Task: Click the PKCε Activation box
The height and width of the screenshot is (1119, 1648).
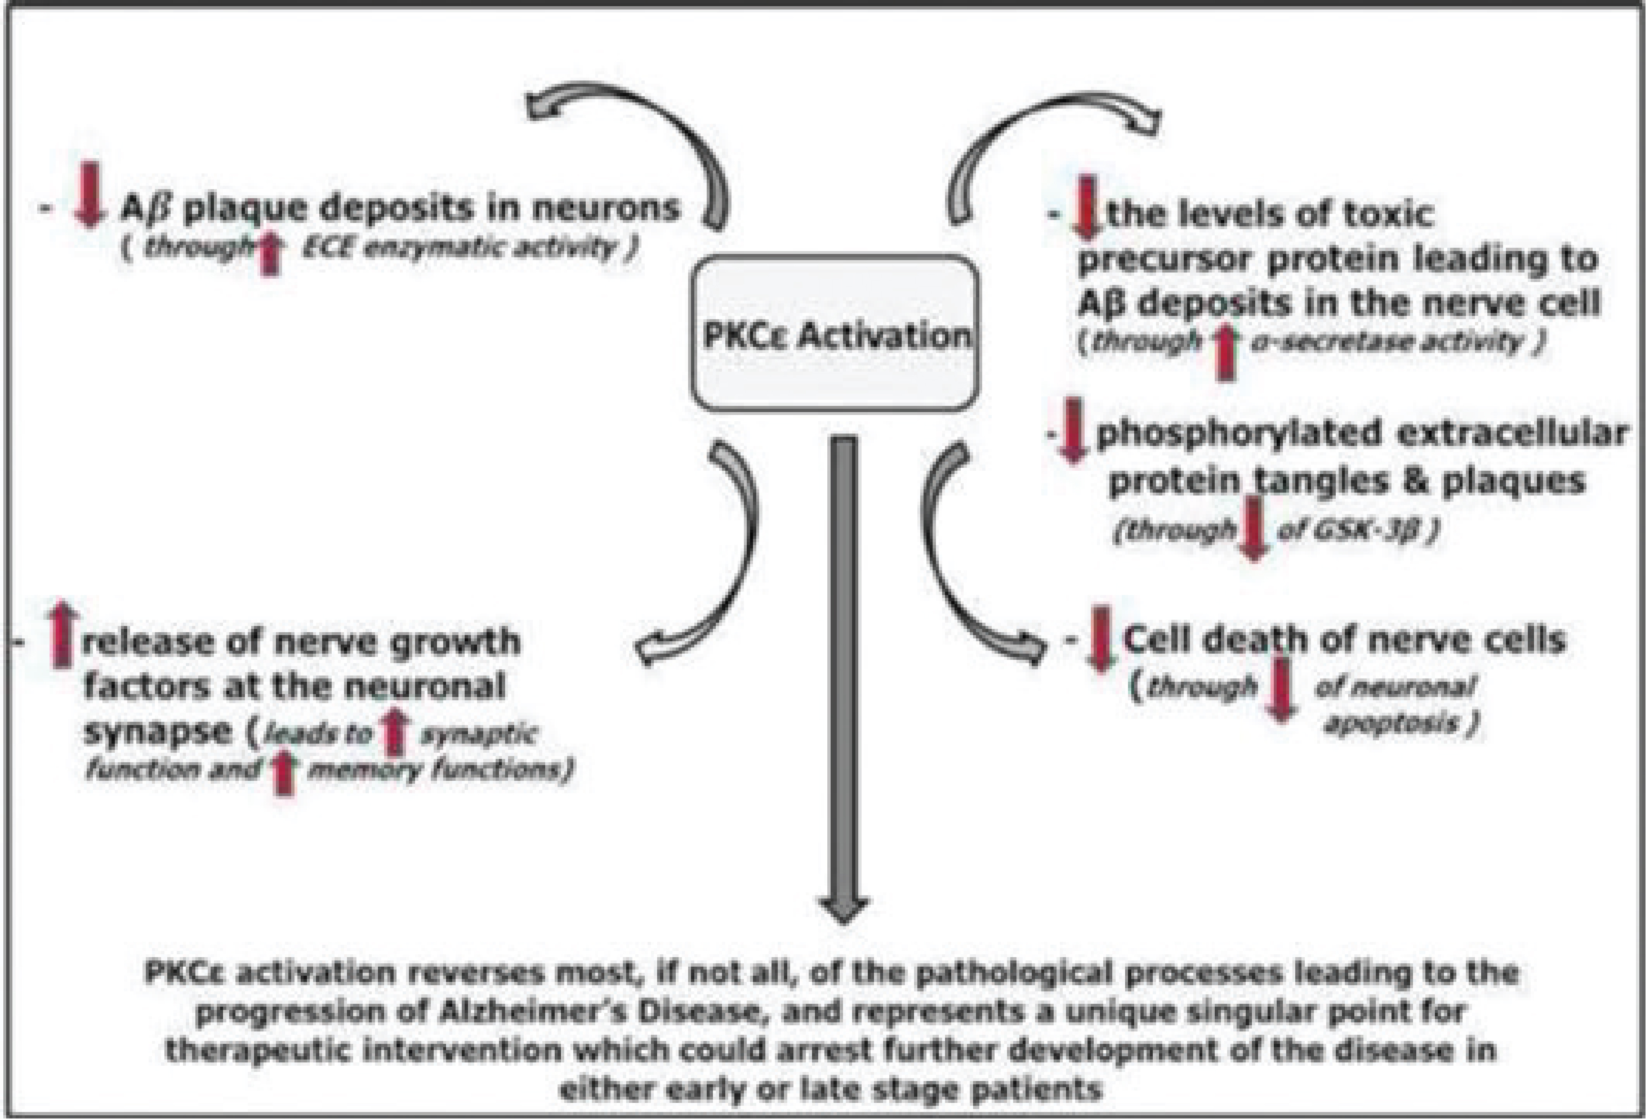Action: [835, 333]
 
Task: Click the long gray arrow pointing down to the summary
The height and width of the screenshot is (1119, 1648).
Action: [843, 673]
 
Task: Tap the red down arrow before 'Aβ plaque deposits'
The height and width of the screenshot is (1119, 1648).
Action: [89, 194]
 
